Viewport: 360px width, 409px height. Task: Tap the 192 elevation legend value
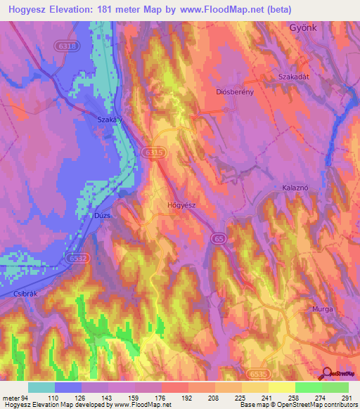click(185, 398)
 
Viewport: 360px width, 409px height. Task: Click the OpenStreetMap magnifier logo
click(329, 375)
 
